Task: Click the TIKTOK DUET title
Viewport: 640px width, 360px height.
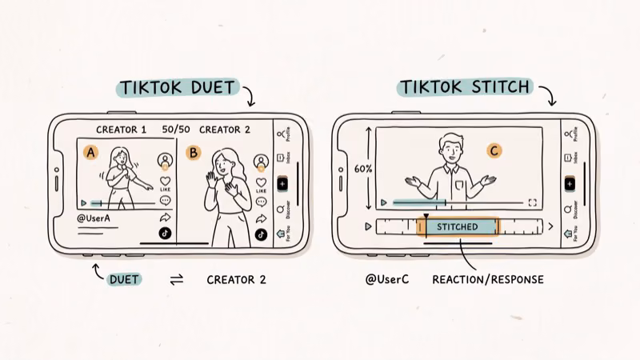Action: (177, 87)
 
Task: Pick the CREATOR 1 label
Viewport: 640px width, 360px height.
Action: (122, 130)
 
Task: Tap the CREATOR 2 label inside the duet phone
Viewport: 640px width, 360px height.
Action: (225, 130)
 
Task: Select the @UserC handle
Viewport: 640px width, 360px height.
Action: (383, 280)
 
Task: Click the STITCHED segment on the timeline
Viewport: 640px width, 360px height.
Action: (458, 227)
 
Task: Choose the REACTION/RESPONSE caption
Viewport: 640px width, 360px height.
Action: (488, 280)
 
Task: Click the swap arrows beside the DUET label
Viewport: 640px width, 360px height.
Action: (177, 280)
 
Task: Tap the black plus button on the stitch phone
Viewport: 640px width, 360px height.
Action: (570, 183)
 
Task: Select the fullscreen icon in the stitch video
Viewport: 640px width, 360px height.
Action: (533, 203)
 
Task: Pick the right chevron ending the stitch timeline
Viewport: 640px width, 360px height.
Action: (550, 227)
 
